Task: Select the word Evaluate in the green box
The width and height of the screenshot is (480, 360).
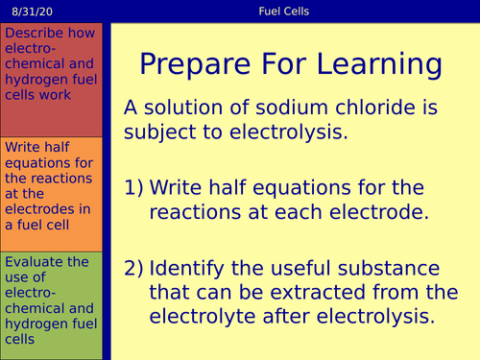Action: pos(33,262)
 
